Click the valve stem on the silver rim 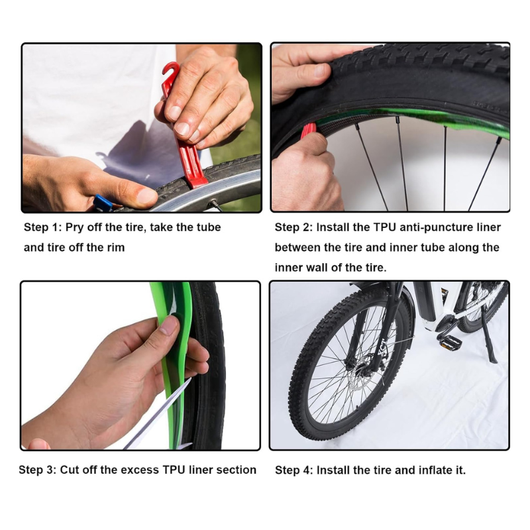(215, 205)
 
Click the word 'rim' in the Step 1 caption (116, 247)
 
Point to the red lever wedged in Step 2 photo (308, 131)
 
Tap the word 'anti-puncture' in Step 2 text (434, 227)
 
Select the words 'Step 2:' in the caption (293, 227)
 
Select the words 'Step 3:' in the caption (38, 470)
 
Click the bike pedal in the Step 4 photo (450, 343)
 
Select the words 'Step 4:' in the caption (294, 470)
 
